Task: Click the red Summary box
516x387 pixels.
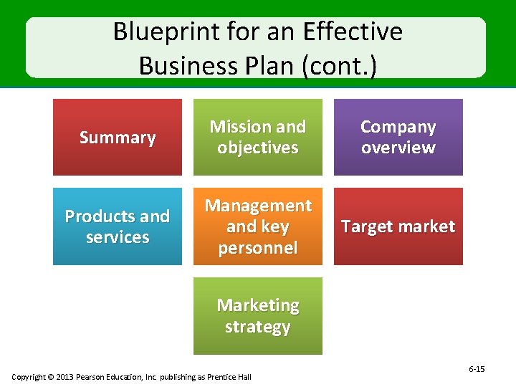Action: pos(118,137)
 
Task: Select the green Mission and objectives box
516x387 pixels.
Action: pos(258,137)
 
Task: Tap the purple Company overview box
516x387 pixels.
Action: pos(398,137)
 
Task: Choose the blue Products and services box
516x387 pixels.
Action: pos(118,226)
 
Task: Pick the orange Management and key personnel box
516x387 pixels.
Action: pos(258,226)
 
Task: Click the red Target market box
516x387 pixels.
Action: pos(398,226)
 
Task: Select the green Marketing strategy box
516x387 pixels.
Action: pos(258,316)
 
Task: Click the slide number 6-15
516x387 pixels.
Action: pos(477,369)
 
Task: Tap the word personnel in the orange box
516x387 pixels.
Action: pos(258,248)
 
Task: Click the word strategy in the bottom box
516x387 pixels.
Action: pos(258,327)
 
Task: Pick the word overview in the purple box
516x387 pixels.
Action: pos(398,148)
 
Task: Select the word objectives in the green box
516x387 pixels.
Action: pos(258,148)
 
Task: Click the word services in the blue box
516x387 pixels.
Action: pos(118,237)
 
